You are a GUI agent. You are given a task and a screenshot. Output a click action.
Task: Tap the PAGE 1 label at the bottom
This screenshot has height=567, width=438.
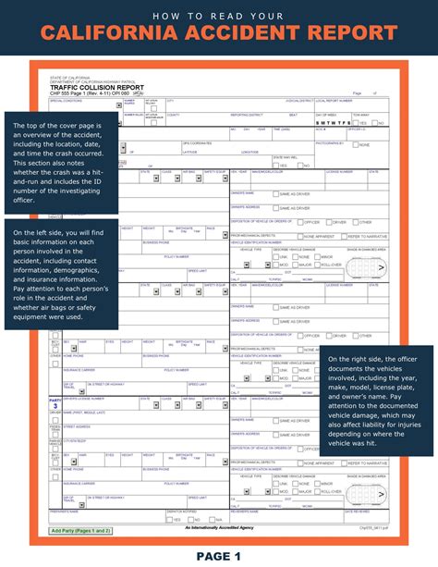pos(218,555)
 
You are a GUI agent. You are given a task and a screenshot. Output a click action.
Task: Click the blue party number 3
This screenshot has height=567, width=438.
pos(55,379)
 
